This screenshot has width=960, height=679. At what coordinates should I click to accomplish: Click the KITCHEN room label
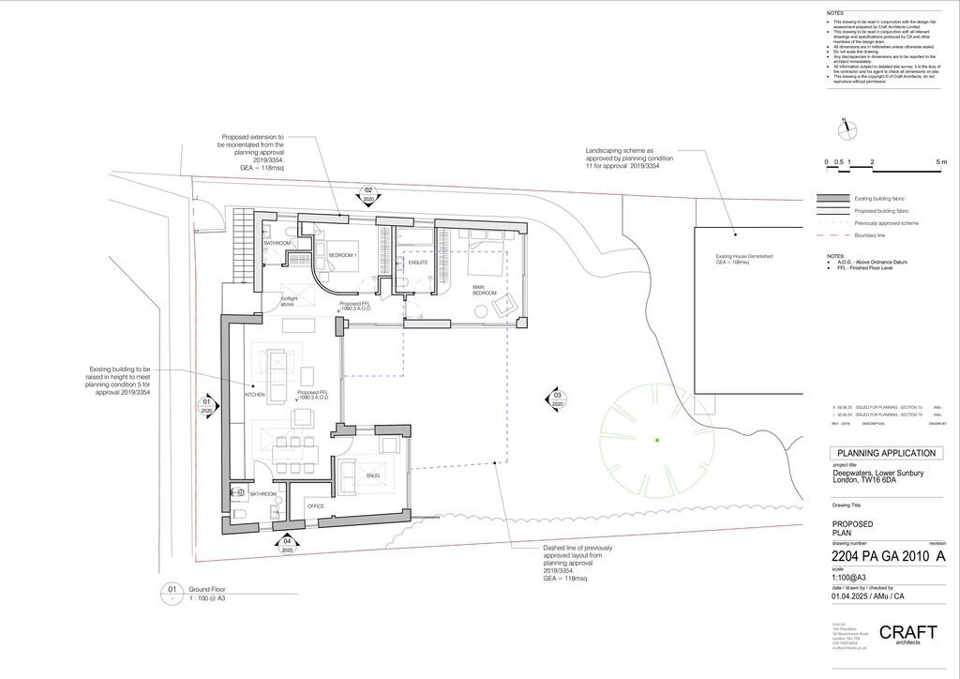(255, 395)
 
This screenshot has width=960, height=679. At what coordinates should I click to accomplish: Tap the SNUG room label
(373, 476)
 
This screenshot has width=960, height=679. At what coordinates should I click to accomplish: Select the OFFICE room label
(316, 506)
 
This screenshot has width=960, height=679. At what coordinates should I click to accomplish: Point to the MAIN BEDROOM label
(484, 291)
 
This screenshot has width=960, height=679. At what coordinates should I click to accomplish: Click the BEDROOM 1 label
(342, 255)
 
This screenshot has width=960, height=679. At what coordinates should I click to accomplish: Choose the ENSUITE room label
(418, 263)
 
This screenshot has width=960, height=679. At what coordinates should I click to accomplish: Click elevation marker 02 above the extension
(368, 195)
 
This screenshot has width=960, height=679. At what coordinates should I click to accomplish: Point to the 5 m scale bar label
(941, 162)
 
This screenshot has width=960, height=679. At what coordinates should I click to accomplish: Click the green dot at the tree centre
(657, 440)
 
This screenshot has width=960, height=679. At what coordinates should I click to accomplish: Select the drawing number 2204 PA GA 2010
(880, 557)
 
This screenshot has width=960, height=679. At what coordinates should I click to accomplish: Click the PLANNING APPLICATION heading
(886, 453)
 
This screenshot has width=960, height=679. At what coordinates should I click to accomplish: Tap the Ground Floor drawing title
(206, 589)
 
